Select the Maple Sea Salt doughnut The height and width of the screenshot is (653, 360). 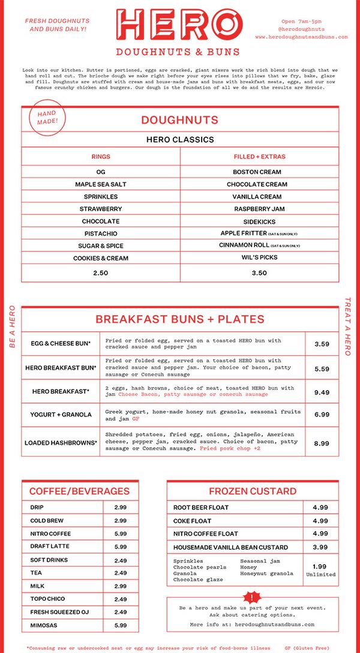coord(101,184)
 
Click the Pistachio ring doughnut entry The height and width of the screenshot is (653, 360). coord(101,233)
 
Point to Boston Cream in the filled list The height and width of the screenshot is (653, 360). coord(259,172)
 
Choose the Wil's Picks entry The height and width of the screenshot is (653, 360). coord(259,258)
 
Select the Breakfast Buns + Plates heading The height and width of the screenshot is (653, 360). coord(180,319)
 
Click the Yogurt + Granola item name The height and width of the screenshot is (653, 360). coord(61,415)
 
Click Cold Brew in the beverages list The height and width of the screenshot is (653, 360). coord(47,520)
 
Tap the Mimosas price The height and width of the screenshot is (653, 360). coord(120,625)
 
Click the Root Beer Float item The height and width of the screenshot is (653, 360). coord(201,507)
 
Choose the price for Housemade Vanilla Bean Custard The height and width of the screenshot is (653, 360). coord(320,547)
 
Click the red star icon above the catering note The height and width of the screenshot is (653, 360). coord(251,597)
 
